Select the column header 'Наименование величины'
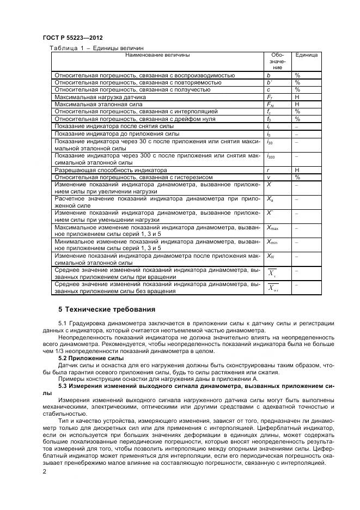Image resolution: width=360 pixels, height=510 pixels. [x=157, y=55]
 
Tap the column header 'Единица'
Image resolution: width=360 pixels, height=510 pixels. [x=306, y=55]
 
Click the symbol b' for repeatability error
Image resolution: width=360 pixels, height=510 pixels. [x=269, y=82]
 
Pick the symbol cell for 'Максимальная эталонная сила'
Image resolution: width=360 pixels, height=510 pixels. [x=270, y=104]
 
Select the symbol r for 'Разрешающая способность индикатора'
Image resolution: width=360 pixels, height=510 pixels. [x=268, y=170]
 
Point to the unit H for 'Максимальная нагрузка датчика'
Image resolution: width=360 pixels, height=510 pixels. [x=297, y=97]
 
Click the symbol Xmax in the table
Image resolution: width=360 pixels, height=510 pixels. [x=272, y=227]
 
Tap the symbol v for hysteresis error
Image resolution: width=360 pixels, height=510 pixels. [x=268, y=177]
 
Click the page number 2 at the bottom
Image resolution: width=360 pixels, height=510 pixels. [x=44, y=472]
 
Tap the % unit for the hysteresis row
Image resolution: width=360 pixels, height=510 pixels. [x=297, y=177]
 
